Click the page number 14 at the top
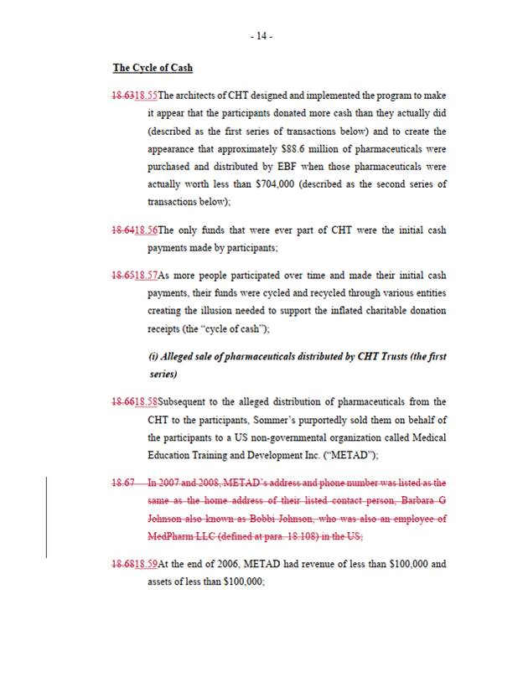pos(261,36)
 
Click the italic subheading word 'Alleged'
pos(176,356)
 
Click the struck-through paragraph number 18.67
pos(125,483)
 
